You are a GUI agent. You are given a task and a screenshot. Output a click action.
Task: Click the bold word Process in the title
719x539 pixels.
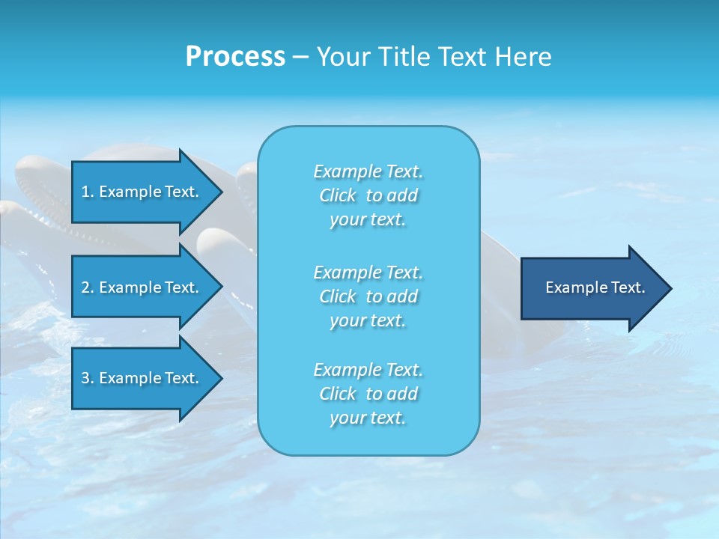[235, 57]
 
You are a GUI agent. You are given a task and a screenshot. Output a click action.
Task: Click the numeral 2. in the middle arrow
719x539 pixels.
[87, 287]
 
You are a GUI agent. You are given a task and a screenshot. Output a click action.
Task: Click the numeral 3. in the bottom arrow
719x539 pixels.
[87, 378]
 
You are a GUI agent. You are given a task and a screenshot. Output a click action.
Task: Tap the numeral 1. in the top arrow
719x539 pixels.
[87, 192]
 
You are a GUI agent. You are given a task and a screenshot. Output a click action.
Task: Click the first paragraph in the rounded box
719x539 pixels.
[368, 195]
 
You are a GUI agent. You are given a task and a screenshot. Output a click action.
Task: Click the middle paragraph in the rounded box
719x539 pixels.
[368, 296]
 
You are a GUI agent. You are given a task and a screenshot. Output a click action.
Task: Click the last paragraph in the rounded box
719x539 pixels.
[368, 394]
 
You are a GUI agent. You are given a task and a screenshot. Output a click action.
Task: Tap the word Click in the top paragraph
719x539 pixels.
[338, 195]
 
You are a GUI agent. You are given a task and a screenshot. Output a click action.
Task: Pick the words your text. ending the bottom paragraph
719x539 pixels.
[368, 418]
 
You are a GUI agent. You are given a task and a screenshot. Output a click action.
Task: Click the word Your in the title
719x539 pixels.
[341, 57]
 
